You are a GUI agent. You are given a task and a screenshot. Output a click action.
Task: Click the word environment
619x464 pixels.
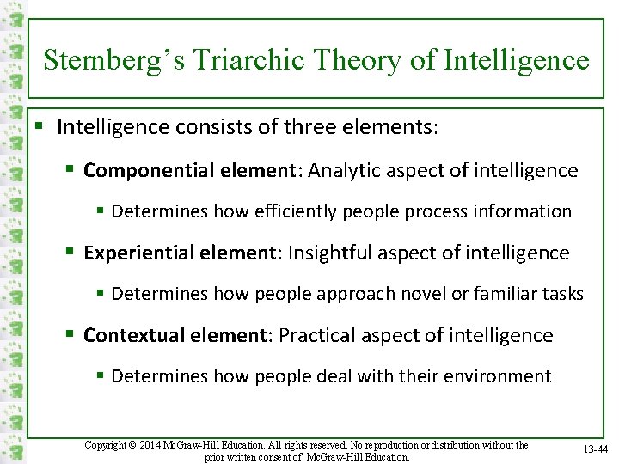(496, 376)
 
